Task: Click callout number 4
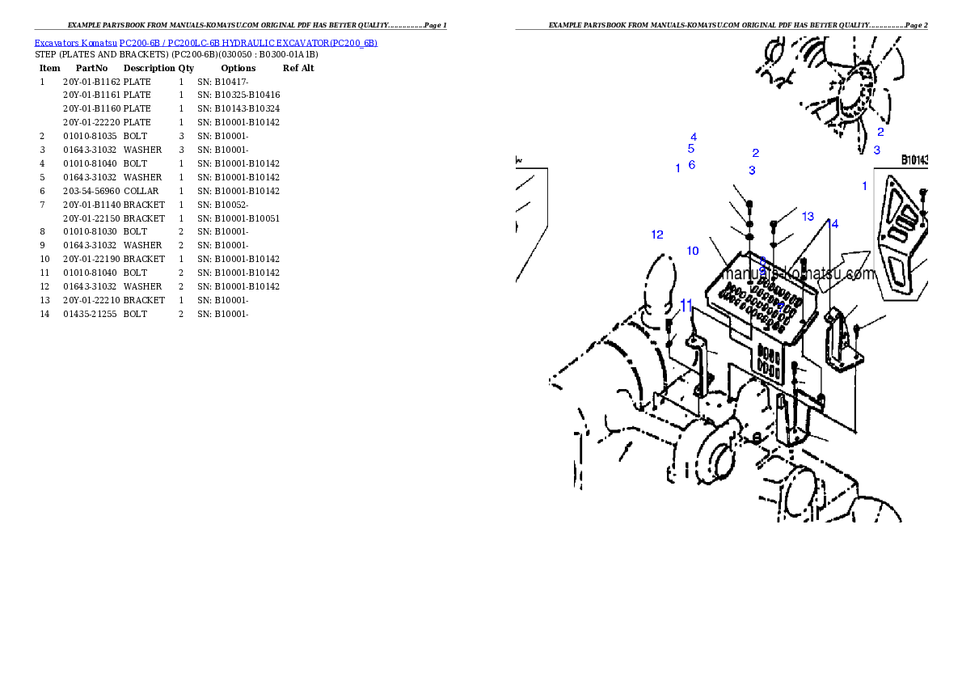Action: [x=694, y=137]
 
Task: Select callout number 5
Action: [x=691, y=149]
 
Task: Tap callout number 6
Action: [x=692, y=165]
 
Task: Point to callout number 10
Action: [x=693, y=251]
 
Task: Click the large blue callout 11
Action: [x=686, y=306]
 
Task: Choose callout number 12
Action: [x=657, y=235]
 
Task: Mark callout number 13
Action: [x=808, y=217]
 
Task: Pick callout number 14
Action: [x=833, y=224]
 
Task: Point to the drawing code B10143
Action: [x=914, y=161]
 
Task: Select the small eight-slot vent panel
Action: [x=769, y=364]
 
